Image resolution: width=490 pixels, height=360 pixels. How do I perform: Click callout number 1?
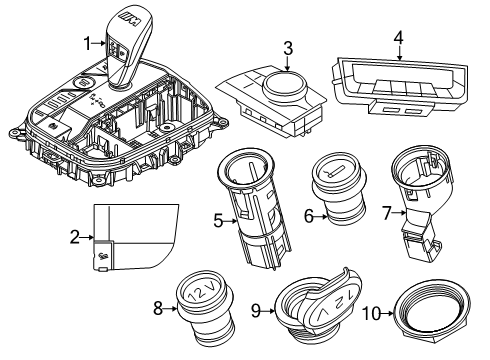tap(86, 41)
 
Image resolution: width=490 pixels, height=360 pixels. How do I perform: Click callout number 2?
tap(74, 237)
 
